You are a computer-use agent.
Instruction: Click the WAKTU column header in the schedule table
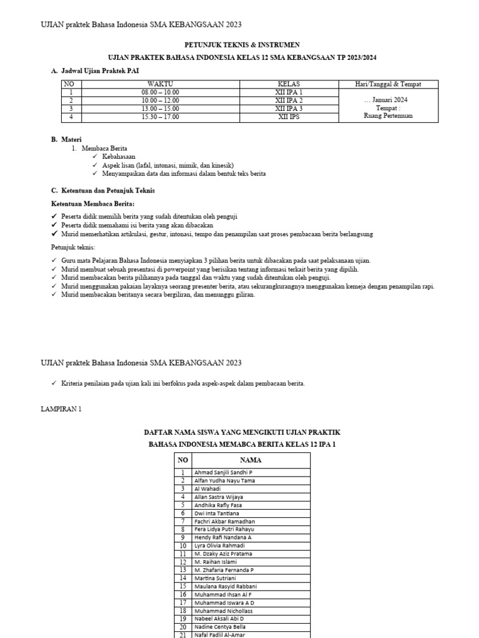pyautogui.click(x=160, y=83)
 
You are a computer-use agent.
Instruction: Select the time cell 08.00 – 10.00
pyautogui.click(x=160, y=92)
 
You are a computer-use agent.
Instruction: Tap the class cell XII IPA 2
pyautogui.click(x=289, y=100)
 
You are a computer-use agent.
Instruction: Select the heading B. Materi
pyautogui.click(x=66, y=140)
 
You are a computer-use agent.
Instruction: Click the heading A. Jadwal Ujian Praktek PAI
pyautogui.click(x=95, y=72)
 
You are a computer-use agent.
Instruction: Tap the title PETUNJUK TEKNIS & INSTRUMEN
pyautogui.click(x=242, y=45)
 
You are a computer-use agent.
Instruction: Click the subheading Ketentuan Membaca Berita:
pyautogui.click(x=92, y=204)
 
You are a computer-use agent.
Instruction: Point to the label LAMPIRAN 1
pyautogui.click(x=60, y=409)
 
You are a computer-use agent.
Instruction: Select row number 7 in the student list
pyautogui.click(x=183, y=521)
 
